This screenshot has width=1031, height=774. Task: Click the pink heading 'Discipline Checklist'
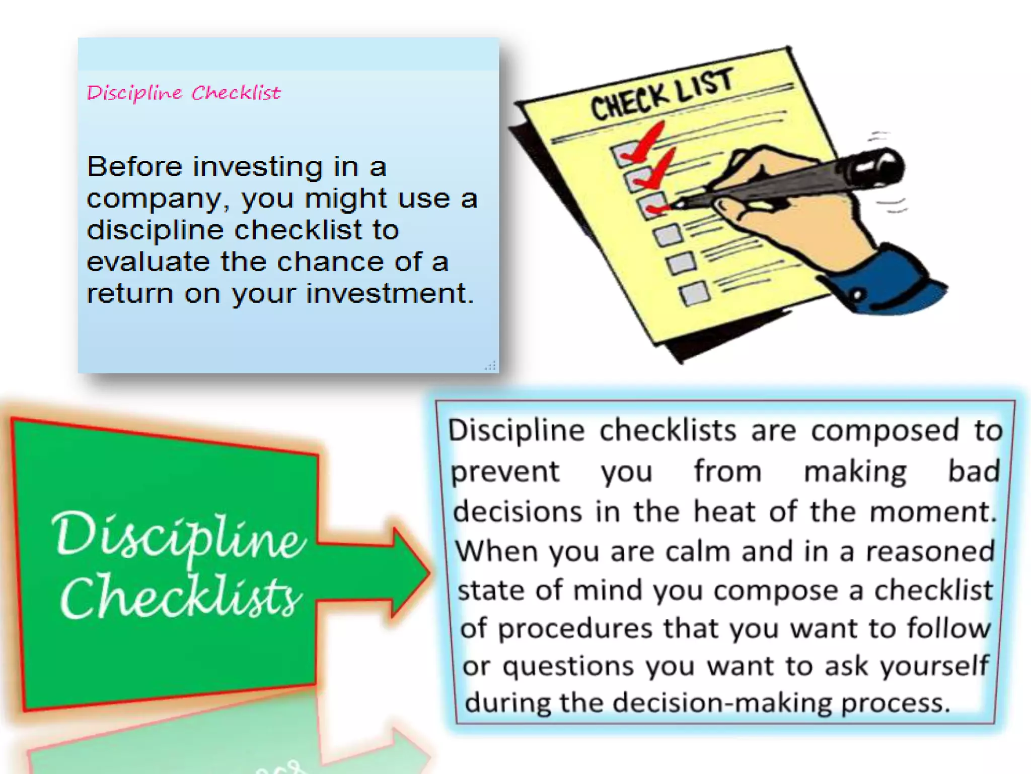pyautogui.click(x=183, y=93)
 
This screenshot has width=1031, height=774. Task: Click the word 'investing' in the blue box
pyautogui.click(x=257, y=167)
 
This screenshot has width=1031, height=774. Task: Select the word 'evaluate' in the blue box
pyautogui.click(x=148, y=262)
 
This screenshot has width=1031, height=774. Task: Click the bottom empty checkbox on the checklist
pyautogui.click(x=694, y=293)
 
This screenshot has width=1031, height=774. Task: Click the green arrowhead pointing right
pyautogui.click(x=410, y=572)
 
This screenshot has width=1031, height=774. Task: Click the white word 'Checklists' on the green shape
pyautogui.click(x=181, y=597)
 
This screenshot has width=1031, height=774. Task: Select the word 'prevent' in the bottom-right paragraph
pyautogui.click(x=504, y=472)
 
